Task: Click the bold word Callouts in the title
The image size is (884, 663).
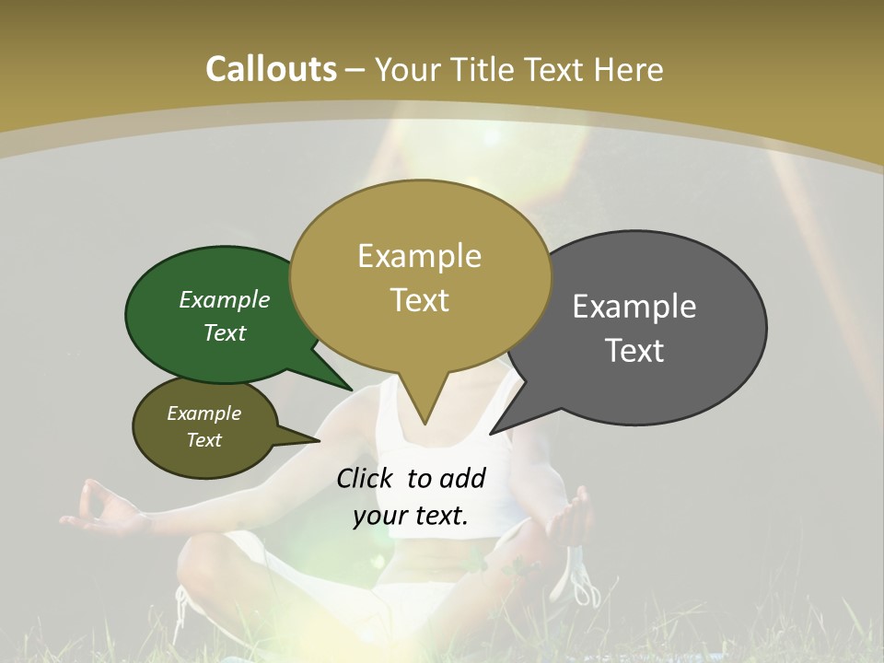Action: tap(271, 69)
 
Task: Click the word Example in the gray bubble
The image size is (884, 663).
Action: tap(634, 307)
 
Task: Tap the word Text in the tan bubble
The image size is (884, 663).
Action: tap(420, 300)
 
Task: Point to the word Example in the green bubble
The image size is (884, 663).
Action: tap(225, 300)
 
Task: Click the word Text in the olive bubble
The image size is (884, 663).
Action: tap(204, 440)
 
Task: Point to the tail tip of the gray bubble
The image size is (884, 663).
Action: tap(491, 433)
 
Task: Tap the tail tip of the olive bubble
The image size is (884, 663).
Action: tap(319, 440)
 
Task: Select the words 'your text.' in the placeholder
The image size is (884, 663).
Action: tap(411, 517)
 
